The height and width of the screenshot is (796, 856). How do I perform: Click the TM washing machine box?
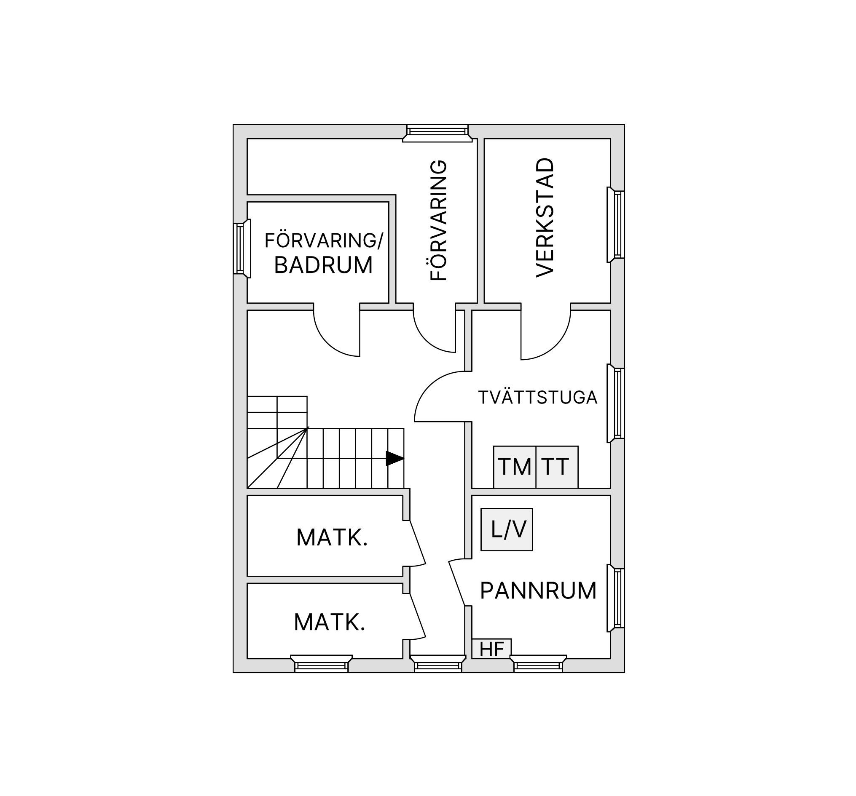click(x=515, y=467)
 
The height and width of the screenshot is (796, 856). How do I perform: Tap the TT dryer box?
click(x=557, y=467)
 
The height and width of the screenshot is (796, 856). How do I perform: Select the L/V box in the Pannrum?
click(x=507, y=529)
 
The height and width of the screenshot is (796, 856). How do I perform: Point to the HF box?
click(x=492, y=649)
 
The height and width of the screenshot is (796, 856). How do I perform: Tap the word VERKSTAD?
click(x=545, y=218)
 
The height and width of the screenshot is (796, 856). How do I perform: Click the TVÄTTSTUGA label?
click(x=538, y=397)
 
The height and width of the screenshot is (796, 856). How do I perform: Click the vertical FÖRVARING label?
click(x=439, y=221)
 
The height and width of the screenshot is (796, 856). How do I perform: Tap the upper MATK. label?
click(x=332, y=537)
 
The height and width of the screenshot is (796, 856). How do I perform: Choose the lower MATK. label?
click(x=330, y=622)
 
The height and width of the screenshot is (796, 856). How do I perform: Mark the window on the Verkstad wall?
click(x=616, y=224)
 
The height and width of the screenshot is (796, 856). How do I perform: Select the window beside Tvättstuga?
click(x=616, y=403)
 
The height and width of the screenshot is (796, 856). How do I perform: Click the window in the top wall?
click(x=437, y=133)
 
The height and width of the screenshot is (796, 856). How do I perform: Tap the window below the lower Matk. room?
click(x=321, y=663)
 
